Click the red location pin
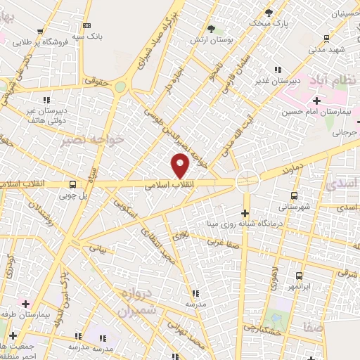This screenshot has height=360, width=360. coord(181,166)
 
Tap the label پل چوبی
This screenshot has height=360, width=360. coord(73,197)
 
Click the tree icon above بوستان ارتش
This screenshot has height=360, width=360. coord(211,29)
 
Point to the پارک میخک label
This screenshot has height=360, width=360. coord(271,22)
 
